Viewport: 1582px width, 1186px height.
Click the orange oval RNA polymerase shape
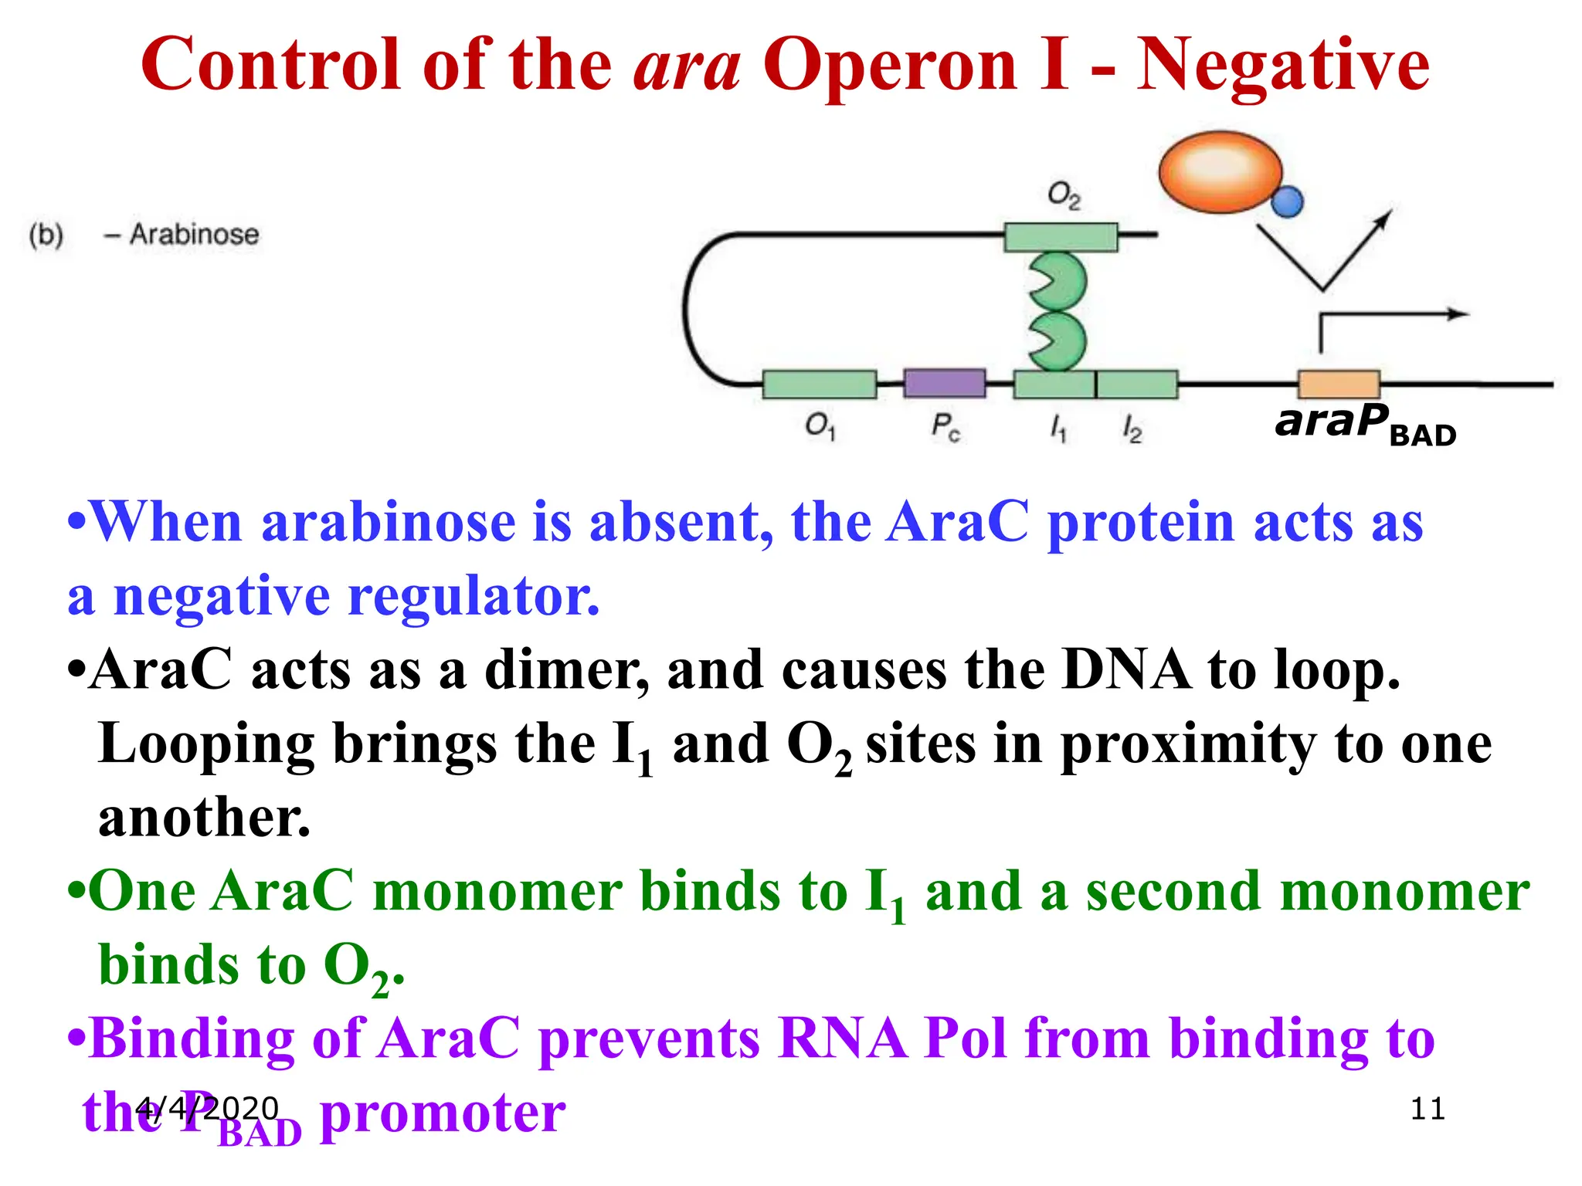click(x=1219, y=171)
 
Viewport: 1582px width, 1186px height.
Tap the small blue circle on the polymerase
click(x=1287, y=202)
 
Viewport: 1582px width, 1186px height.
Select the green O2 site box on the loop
click(x=1061, y=237)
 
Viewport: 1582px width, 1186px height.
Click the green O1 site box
click(x=819, y=384)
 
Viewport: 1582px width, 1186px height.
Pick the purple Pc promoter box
click(x=944, y=383)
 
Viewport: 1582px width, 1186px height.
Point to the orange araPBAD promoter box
click(x=1339, y=384)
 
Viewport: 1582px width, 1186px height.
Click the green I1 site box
click(x=1054, y=384)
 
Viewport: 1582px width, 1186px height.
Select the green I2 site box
click(x=1137, y=384)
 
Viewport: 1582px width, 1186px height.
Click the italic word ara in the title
click(x=687, y=66)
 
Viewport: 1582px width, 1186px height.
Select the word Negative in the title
click(x=1282, y=66)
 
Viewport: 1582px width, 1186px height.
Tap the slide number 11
click(x=1428, y=1109)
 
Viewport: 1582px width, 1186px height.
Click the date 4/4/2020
click(x=206, y=1109)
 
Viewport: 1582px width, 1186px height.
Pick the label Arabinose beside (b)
click(x=194, y=234)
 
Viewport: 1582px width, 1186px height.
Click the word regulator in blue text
click(x=474, y=596)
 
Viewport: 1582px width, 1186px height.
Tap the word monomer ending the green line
click(x=1404, y=892)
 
